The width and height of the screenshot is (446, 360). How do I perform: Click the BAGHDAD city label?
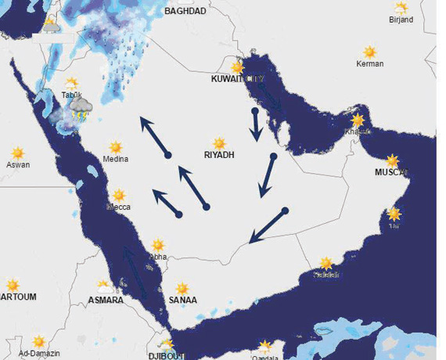point(185,11)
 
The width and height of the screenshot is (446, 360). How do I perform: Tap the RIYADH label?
point(219,155)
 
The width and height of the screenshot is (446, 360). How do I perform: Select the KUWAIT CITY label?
point(239,80)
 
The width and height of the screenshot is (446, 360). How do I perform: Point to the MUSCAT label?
point(392,172)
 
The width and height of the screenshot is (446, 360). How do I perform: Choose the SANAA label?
point(183,301)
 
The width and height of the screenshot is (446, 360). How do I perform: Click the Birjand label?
point(400,20)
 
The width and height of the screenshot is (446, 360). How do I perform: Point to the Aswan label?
point(17,165)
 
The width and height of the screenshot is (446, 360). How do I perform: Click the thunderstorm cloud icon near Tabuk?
point(81,110)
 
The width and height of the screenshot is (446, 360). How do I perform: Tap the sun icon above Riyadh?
point(220,143)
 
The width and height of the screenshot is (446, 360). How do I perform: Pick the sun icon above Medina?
point(116,146)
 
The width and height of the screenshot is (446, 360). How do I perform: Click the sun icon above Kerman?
point(369,50)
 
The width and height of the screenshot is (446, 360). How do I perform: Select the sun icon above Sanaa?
point(182,288)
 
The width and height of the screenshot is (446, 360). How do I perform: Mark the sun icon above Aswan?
point(17,153)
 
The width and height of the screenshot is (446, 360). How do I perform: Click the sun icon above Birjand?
point(401,8)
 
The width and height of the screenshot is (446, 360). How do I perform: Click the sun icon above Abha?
point(158,244)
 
